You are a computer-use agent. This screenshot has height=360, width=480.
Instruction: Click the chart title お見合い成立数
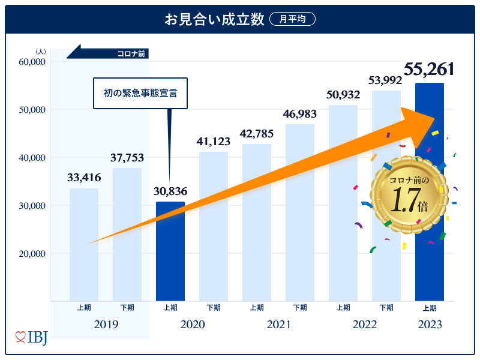click(215, 20)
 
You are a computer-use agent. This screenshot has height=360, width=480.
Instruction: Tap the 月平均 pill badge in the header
click(292, 20)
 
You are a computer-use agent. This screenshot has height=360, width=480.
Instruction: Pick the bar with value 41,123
click(214, 226)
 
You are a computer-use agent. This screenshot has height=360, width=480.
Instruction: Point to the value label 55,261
click(428, 69)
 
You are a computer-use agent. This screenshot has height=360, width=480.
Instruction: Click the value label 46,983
click(300, 114)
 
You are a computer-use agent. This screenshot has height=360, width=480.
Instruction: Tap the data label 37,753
click(127, 158)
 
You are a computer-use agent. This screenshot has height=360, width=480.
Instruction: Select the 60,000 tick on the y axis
click(32, 62)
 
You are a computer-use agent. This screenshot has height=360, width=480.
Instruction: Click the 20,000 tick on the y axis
click(32, 254)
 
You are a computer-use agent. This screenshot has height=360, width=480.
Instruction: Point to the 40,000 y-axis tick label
click(32, 158)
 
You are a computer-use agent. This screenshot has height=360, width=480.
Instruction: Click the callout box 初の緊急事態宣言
click(140, 93)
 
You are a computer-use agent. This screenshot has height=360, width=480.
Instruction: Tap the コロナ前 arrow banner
click(108, 54)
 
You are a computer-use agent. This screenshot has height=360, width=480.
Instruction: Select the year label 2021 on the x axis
click(278, 325)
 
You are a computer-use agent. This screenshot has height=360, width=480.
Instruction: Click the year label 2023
click(430, 325)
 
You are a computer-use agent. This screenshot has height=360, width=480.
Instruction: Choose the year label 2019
click(106, 325)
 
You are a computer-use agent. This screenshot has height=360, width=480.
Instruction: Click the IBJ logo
click(31, 337)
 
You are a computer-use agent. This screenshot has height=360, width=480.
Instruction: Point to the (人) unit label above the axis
click(41, 52)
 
